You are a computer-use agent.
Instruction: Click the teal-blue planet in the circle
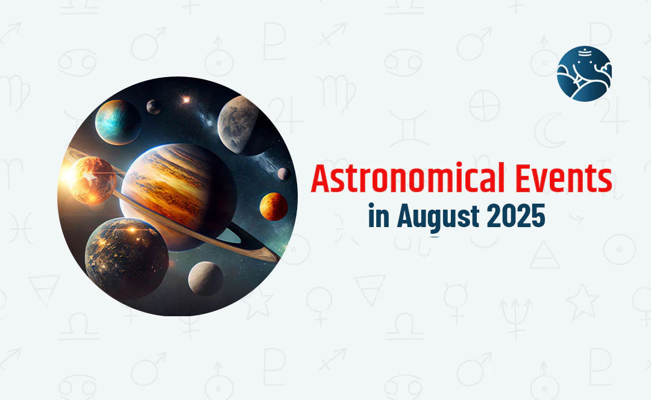(x=118, y=122)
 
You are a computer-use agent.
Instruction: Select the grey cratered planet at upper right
(x=244, y=124)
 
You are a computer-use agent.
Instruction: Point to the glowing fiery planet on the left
(x=90, y=180)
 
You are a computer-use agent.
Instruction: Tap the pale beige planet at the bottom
(x=206, y=278)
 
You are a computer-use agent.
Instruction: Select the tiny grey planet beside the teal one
(x=154, y=107)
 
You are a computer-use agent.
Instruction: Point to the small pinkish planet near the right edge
(x=284, y=173)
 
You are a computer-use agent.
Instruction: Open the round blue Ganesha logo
(x=584, y=73)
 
